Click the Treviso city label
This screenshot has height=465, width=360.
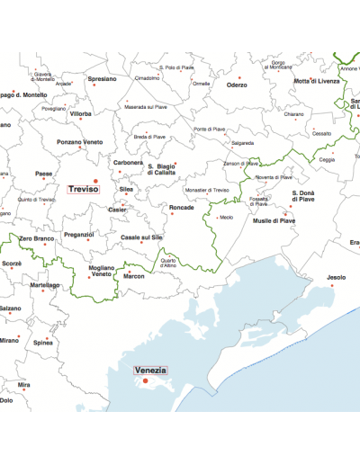pyautogui.click(x=84, y=189)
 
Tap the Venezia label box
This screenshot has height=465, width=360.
pyautogui.click(x=150, y=371)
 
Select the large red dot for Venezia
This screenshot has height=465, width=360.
pyautogui.click(x=144, y=381)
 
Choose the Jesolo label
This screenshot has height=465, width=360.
pyautogui.click(x=336, y=277)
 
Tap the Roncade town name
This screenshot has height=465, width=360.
pyautogui.click(x=181, y=208)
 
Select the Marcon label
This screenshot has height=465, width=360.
pyautogui.click(x=133, y=276)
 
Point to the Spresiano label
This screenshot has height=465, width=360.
pyautogui.click(x=103, y=79)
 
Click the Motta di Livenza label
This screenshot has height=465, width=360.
pyautogui.click(x=317, y=81)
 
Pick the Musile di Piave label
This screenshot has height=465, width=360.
pyautogui.click(x=274, y=220)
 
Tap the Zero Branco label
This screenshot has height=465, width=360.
pyautogui.click(x=37, y=238)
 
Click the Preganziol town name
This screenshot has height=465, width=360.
pyautogui.click(x=78, y=235)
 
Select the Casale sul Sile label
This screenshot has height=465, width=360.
pyautogui.click(x=141, y=237)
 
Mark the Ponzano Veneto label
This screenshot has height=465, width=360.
pyautogui.click(x=79, y=141)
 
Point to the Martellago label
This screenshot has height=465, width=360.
pyautogui.click(x=44, y=285)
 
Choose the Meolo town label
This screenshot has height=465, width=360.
pyautogui.click(x=226, y=217)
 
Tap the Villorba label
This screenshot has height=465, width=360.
pyautogui.click(x=81, y=114)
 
